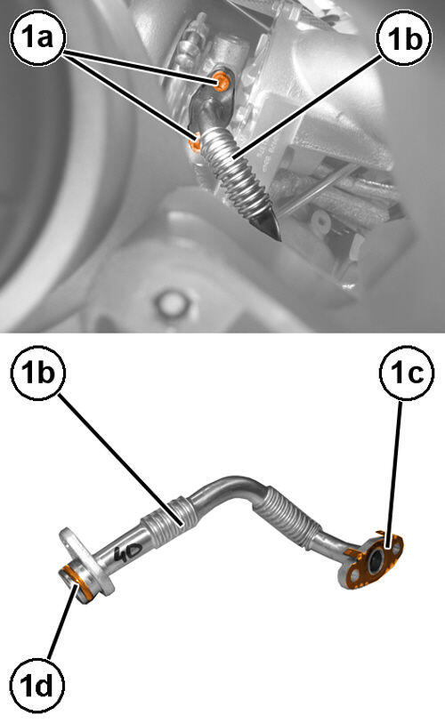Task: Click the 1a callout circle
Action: [38, 36]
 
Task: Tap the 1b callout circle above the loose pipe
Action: [38, 373]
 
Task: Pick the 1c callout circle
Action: [406, 373]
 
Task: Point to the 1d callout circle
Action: [38, 686]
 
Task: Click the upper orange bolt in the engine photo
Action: [222, 82]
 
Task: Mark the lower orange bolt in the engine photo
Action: [195, 143]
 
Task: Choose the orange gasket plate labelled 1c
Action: [373, 562]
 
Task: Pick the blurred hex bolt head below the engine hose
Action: [172, 303]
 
